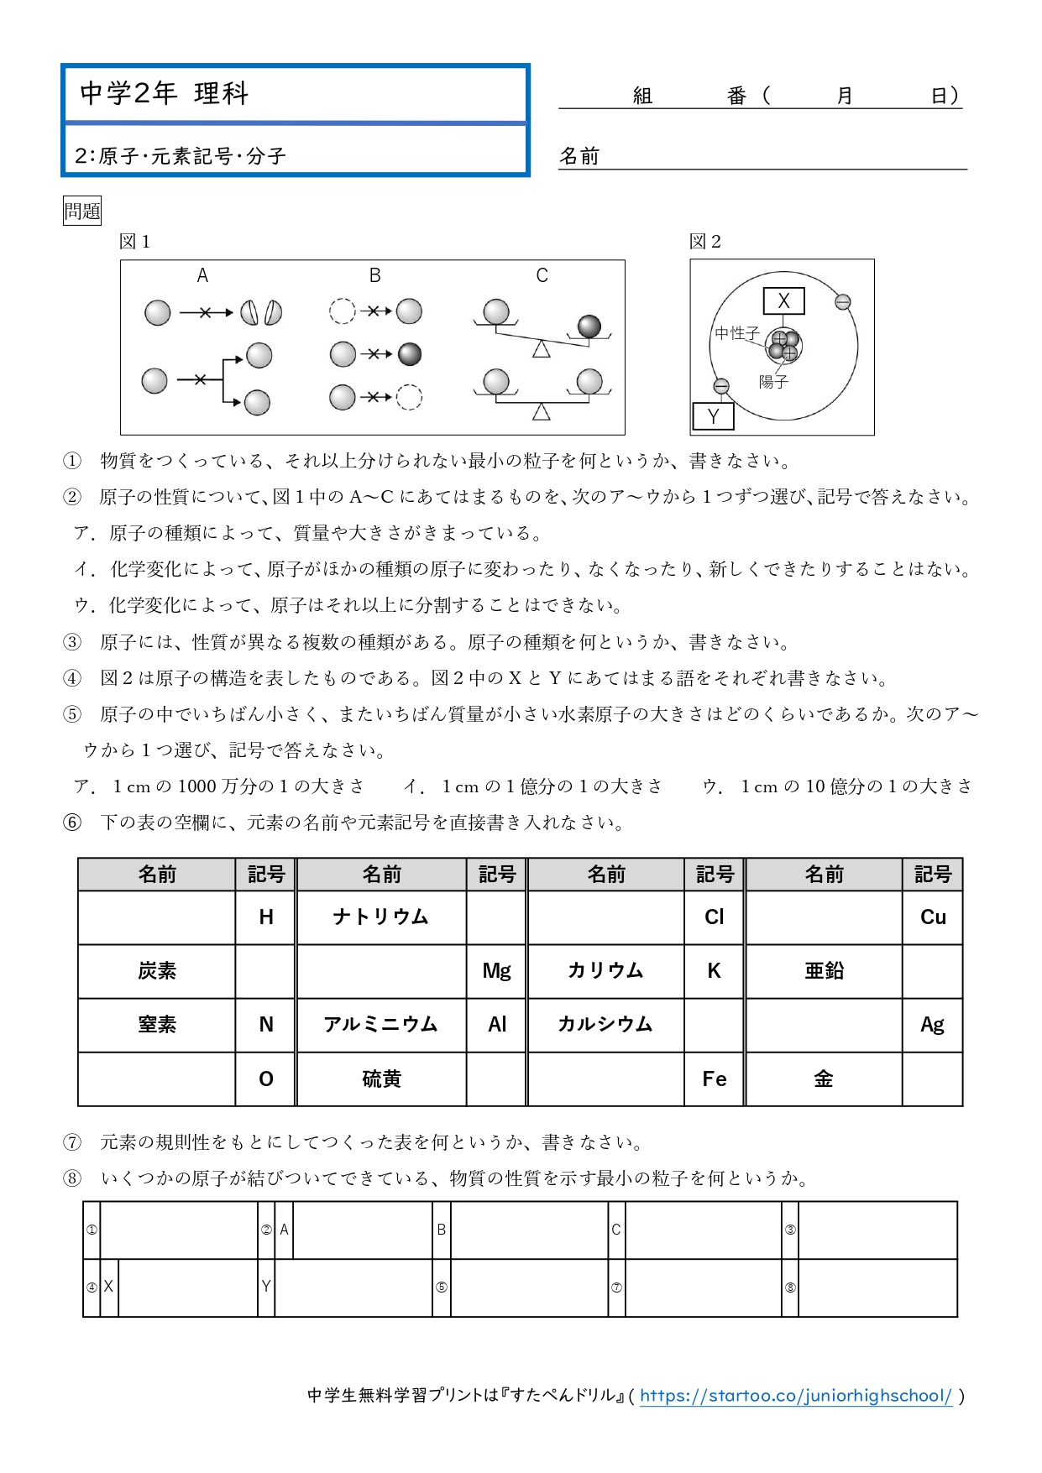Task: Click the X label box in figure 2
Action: pyautogui.click(x=783, y=300)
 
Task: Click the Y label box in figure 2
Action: pyautogui.click(x=713, y=416)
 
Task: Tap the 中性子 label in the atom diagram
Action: pyautogui.click(x=736, y=333)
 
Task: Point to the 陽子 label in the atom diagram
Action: pyautogui.click(x=773, y=382)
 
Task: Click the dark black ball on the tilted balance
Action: pyautogui.click(x=589, y=326)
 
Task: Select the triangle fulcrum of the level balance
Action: pyautogui.click(x=542, y=412)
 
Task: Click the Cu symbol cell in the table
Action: pyautogui.click(x=933, y=917)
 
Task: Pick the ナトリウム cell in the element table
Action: pyautogui.click(x=381, y=917)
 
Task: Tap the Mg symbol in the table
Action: pyautogui.click(x=496, y=971)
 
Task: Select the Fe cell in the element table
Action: pyautogui.click(x=715, y=1079)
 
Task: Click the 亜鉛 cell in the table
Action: pyautogui.click(x=824, y=971)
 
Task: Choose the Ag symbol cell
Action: pyautogui.click(x=932, y=1025)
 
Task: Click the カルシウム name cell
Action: pyautogui.click(x=605, y=1025)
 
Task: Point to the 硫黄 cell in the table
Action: pyautogui.click(x=381, y=1079)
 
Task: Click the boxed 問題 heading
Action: pyautogui.click(x=82, y=211)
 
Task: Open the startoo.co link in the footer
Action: pyautogui.click(x=795, y=1396)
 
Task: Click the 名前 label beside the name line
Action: pyautogui.click(x=579, y=156)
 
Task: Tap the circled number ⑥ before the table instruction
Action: pyautogui.click(x=73, y=823)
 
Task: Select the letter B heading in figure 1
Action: pyautogui.click(x=374, y=275)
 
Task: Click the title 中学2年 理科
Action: pyautogui.click(x=165, y=93)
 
